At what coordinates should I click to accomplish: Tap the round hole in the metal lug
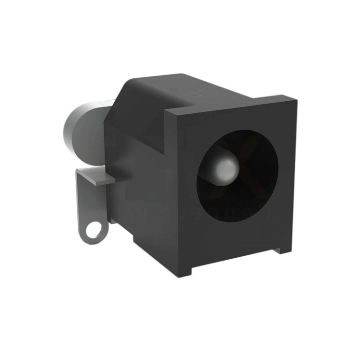coord(94,228)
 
